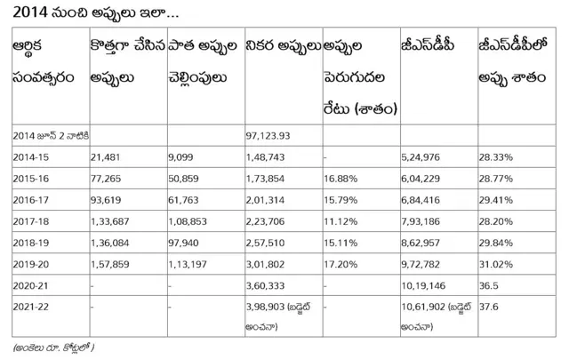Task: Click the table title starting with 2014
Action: [x=93, y=14]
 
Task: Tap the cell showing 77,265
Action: [x=106, y=178]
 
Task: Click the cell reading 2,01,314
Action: [x=265, y=200]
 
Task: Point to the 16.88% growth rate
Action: [x=341, y=178]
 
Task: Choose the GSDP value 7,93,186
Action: [x=424, y=221]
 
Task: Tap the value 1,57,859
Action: [x=111, y=264]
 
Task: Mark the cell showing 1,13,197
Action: [x=187, y=264]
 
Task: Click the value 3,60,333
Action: [x=265, y=286]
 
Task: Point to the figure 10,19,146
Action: [x=427, y=286]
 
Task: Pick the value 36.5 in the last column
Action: [x=490, y=286]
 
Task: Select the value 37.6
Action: [x=490, y=308]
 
